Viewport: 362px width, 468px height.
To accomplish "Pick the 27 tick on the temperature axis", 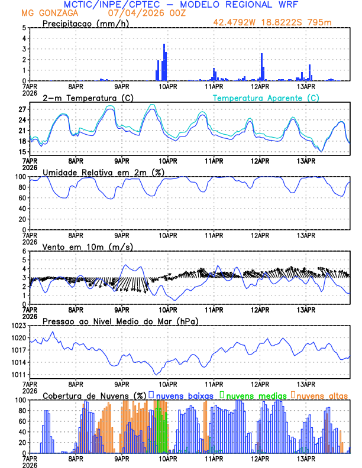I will pos(21,109).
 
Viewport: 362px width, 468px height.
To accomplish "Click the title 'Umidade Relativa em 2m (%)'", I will pos(98,172).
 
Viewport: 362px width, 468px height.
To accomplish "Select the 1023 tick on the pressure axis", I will pos(18,326).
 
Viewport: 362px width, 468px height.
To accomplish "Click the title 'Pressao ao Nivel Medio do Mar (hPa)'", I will pos(120,321).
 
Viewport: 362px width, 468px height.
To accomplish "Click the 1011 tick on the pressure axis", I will pos(18,375).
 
